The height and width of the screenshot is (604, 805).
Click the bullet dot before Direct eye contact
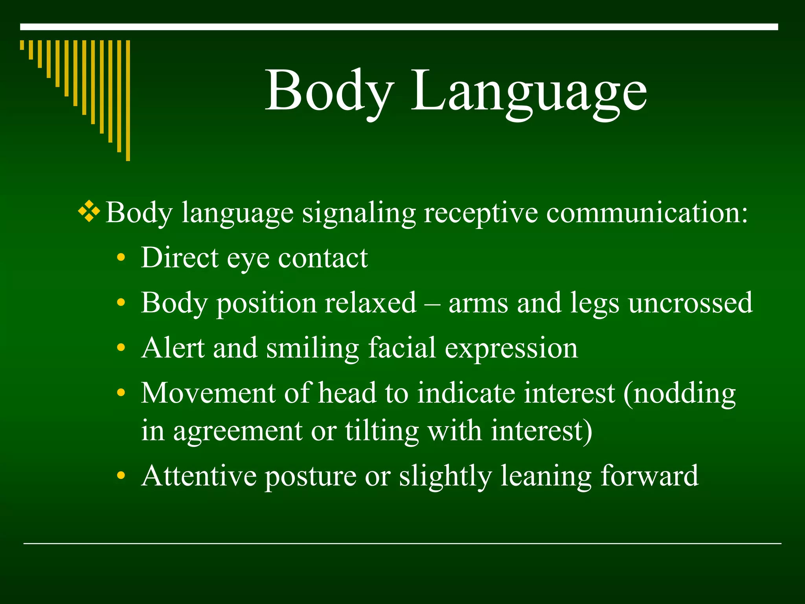click(121, 258)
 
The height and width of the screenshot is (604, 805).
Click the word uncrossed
click(690, 303)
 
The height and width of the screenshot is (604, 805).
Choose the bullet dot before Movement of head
click(121, 393)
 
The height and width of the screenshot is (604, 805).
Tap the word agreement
click(238, 432)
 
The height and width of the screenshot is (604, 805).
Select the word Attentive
click(199, 476)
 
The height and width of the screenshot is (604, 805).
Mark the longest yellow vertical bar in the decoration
click(128, 100)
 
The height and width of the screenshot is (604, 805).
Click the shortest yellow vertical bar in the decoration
click(22, 45)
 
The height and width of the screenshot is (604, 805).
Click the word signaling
click(358, 213)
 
